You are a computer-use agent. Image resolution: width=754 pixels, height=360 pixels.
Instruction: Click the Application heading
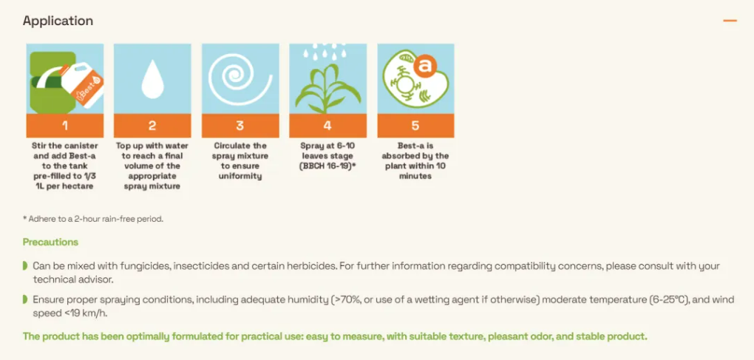tap(58, 21)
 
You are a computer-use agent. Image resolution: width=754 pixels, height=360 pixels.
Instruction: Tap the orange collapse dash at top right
tap(730, 21)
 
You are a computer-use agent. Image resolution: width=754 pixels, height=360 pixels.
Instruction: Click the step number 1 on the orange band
tap(65, 126)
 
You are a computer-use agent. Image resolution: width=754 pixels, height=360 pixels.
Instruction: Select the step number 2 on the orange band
tap(152, 126)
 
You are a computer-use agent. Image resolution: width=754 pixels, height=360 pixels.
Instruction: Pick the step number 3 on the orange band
tap(240, 126)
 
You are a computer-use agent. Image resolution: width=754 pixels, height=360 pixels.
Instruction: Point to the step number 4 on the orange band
tap(327, 126)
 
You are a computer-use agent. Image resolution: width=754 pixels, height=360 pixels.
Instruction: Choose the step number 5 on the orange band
tap(415, 126)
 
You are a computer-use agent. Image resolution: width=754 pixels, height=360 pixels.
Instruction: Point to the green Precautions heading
tap(50, 242)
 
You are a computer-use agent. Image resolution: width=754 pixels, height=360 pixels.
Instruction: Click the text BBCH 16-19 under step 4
tap(327, 166)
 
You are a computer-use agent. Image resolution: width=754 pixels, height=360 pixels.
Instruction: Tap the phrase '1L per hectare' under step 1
tap(65, 186)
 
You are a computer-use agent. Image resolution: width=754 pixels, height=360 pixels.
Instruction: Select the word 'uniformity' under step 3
tap(240, 176)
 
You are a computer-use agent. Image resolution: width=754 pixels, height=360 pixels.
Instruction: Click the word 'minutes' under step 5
tap(415, 176)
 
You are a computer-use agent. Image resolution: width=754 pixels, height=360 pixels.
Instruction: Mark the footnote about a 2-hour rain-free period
tap(93, 219)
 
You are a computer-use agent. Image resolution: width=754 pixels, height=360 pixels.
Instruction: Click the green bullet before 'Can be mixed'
tap(25, 266)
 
